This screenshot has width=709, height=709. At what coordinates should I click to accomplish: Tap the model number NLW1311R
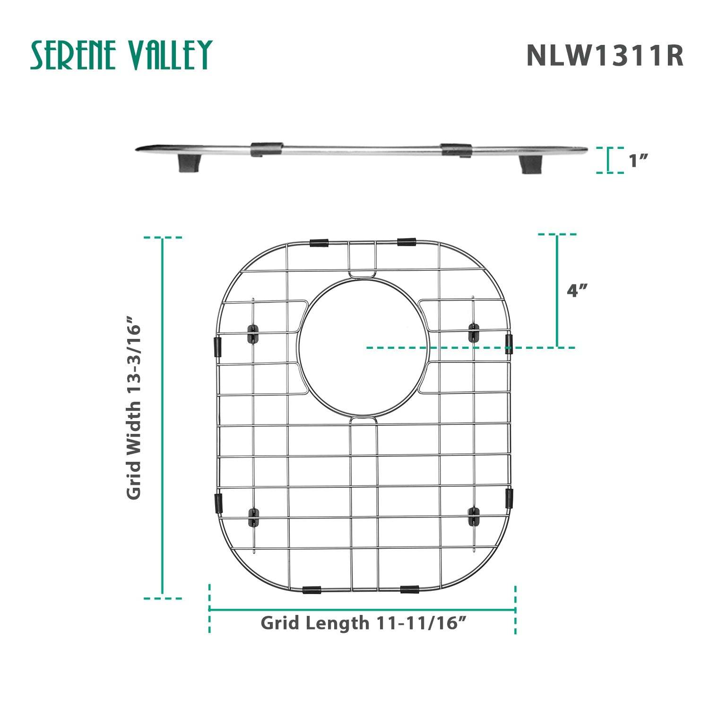click(605, 56)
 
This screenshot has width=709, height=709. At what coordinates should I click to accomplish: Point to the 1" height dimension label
click(638, 161)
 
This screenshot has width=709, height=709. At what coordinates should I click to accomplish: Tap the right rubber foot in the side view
click(530, 164)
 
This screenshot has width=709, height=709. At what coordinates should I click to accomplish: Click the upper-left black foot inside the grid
click(254, 333)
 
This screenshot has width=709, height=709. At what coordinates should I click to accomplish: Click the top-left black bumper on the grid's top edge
click(320, 243)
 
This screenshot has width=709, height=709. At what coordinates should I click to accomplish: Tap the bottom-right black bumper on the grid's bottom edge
click(409, 589)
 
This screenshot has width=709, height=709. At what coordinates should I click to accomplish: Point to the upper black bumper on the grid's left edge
click(218, 346)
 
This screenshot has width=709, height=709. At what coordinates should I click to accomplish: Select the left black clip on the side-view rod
click(267, 149)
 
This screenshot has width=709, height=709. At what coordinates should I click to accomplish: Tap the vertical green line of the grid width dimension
click(163, 416)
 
